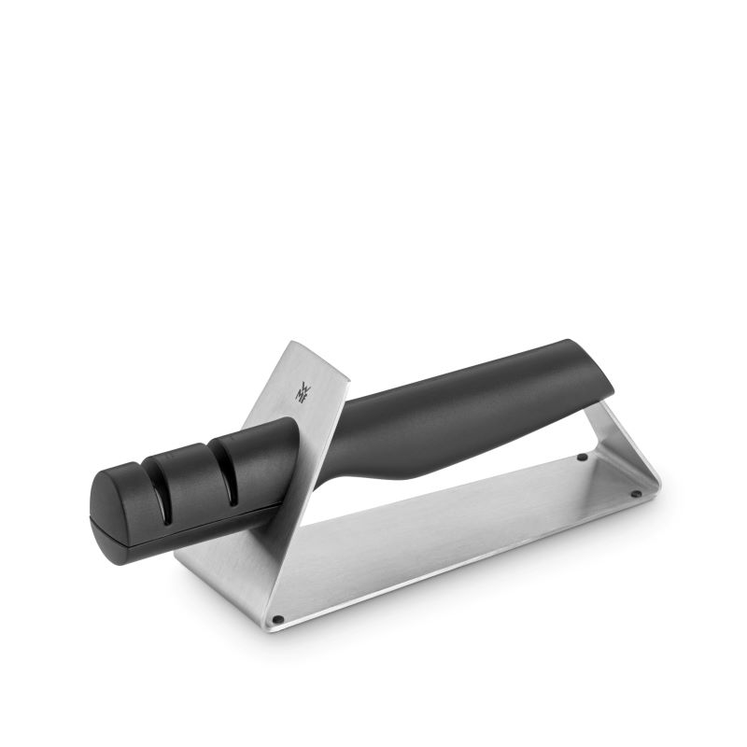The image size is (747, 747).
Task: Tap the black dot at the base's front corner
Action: pos(277,618)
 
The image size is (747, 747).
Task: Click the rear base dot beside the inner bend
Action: pos(582,458)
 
